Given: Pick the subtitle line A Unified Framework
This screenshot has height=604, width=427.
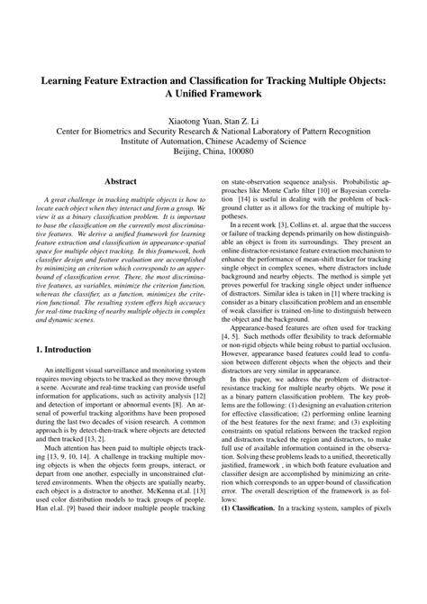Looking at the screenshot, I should click(x=213, y=94).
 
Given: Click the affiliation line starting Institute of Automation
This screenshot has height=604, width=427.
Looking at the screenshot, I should click(x=213, y=142).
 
